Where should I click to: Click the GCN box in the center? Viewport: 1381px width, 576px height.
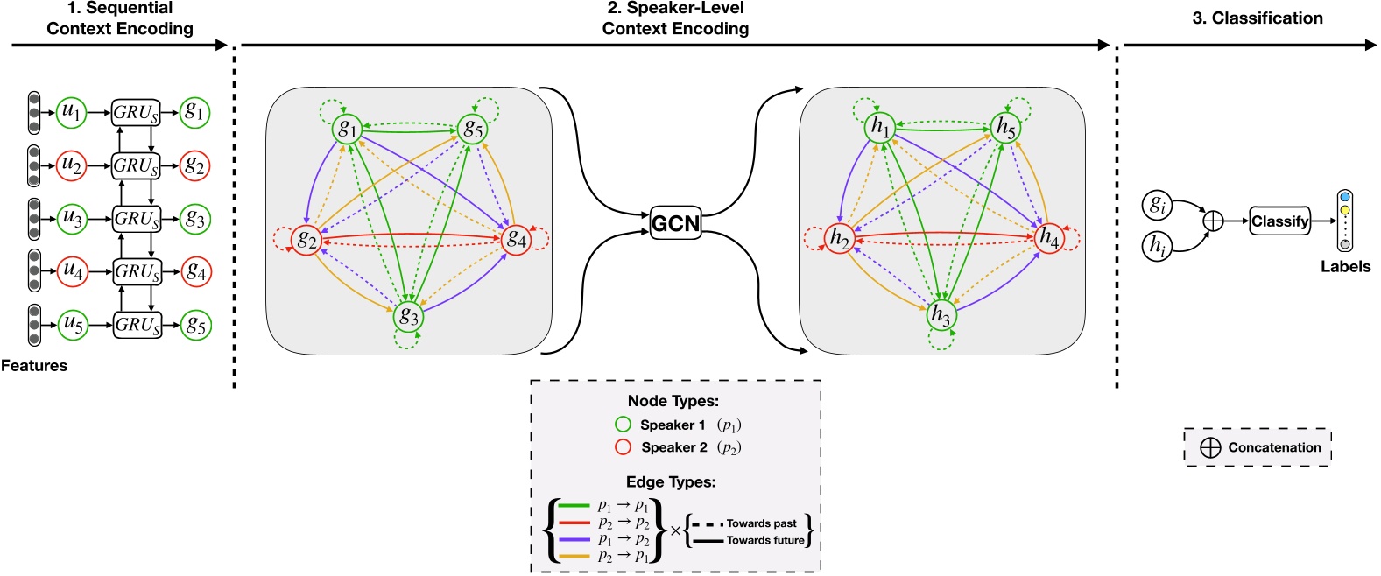tap(675, 223)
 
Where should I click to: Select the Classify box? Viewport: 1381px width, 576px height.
tap(1279, 221)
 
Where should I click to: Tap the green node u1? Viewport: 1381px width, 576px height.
tap(71, 112)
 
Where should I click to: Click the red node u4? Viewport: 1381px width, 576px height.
tap(72, 271)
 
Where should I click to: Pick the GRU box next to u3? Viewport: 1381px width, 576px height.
tap(137, 219)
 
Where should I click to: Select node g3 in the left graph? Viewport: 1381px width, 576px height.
tap(408, 316)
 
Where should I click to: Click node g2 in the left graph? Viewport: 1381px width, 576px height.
tap(306, 239)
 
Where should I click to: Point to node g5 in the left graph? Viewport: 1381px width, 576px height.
tap(473, 129)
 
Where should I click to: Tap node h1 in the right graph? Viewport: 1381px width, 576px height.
tap(879, 128)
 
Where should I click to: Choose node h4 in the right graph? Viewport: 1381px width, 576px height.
tap(1048, 237)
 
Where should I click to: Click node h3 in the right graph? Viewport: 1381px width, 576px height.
tap(941, 315)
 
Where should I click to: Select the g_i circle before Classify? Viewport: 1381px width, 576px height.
tap(1157, 205)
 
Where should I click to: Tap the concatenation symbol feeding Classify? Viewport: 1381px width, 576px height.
tap(1213, 221)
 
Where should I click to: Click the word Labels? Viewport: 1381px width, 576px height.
tap(1345, 267)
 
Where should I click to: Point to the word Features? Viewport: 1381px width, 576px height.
tap(34, 366)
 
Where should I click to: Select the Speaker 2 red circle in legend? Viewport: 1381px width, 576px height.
tap(623, 447)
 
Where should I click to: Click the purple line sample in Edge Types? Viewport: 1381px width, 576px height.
tap(573, 540)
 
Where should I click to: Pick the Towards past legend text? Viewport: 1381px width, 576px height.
tap(761, 523)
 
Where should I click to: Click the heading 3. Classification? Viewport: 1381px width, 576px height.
tap(1257, 18)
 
